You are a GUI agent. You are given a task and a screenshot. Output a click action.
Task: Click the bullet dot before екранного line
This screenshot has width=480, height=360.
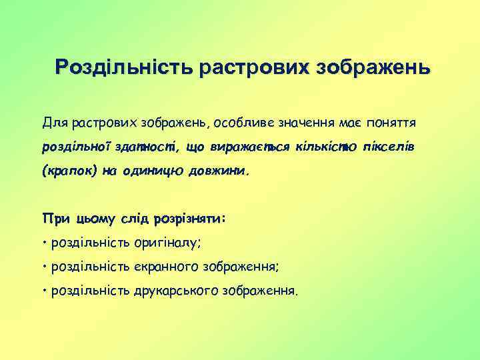[x=43, y=266]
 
